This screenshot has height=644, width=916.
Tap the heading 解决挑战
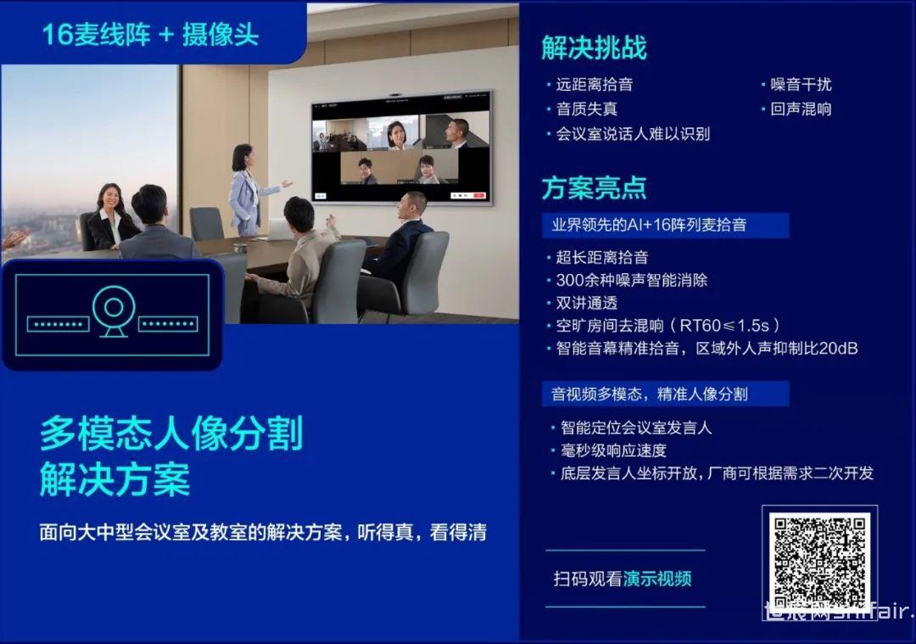[x=594, y=48]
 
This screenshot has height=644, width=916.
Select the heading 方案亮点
[x=594, y=188]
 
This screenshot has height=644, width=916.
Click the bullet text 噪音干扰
[x=801, y=85]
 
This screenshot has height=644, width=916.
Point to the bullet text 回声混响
[x=801, y=109]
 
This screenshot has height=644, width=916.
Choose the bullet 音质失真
[x=587, y=109]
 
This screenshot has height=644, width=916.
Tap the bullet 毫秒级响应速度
[x=613, y=451]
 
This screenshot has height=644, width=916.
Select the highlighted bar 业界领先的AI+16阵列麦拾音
[x=666, y=225]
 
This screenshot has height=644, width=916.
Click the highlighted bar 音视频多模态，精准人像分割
[x=666, y=394]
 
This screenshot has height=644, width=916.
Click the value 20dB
[x=838, y=348]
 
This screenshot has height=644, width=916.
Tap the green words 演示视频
[x=657, y=580]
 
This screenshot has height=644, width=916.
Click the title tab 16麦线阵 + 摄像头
[x=150, y=35]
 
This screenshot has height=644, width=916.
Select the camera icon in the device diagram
[x=114, y=311]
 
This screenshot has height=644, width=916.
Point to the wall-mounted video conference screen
[x=402, y=148]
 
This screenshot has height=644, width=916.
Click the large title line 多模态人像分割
[x=171, y=434]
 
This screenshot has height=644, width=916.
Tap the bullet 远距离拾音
[x=594, y=85]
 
